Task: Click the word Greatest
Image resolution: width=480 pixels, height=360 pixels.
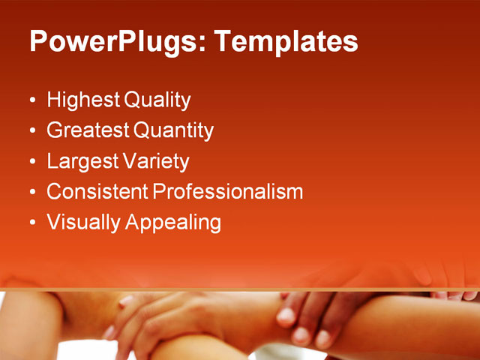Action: [x=88, y=131]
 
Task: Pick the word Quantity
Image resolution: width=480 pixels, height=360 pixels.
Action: [x=174, y=131]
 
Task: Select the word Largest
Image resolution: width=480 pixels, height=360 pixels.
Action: [x=81, y=162]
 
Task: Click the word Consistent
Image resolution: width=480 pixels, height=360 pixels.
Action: [x=97, y=192]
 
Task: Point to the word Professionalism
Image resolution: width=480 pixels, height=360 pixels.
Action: [x=228, y=192]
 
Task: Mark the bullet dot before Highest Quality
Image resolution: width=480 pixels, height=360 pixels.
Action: [x=31, y=100]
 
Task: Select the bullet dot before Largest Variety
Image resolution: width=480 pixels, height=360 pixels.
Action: [x=31, y=162]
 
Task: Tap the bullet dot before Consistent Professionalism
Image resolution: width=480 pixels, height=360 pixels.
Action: [x=31, y=193]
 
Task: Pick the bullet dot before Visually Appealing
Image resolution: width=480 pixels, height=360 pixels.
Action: [x=31, y=223]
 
